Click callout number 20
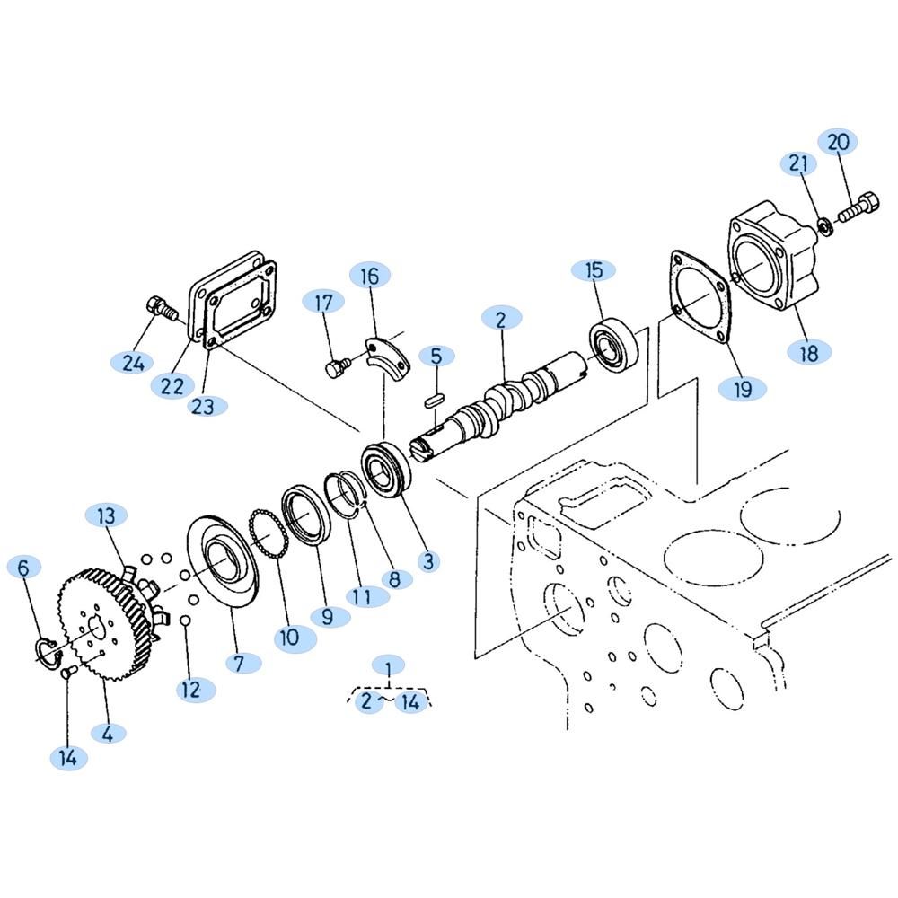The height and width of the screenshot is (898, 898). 839,142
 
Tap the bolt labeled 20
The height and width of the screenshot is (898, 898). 858,208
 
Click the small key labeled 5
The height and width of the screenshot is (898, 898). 433,400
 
